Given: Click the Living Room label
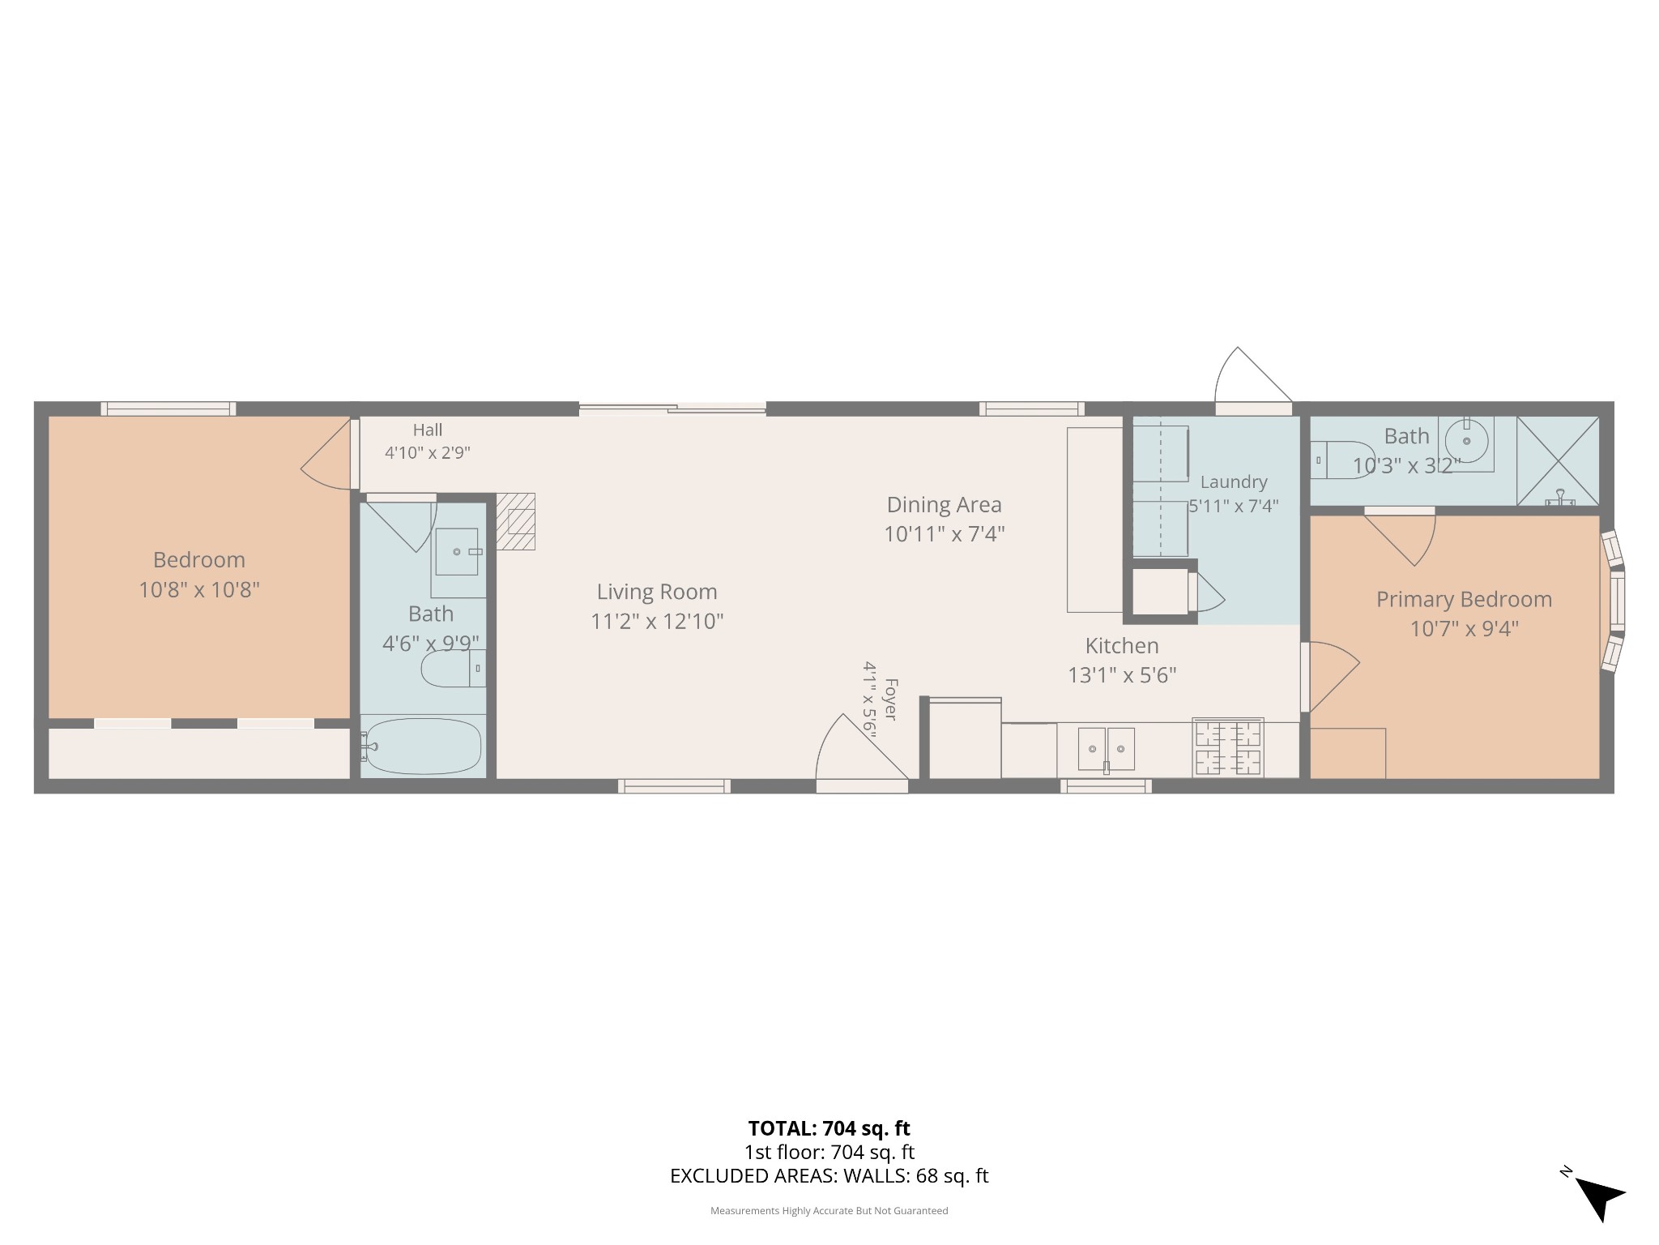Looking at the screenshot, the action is pos(657,592).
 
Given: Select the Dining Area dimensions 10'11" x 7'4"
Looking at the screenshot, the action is pos(944,534).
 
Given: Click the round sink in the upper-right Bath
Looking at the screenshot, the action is pos(1467,441).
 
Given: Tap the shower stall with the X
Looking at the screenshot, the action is pos(1558,460).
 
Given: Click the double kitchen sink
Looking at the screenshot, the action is pos(1106,749).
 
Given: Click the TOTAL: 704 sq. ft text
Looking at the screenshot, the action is pos(829,1128).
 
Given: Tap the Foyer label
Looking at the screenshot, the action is pos(890,700).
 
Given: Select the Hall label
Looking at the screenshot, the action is pos(428,430).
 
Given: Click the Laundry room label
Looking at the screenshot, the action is pos(1233,482).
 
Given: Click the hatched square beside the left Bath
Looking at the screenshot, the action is pos(516,522).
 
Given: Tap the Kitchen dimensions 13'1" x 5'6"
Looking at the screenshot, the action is pos(1122,674).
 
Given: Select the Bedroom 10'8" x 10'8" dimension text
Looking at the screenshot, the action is pos(199,589).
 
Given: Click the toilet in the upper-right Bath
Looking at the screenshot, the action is pos(1342,460).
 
